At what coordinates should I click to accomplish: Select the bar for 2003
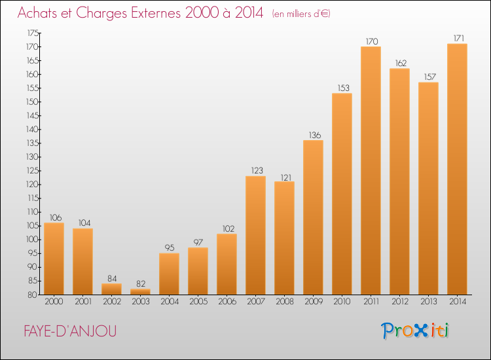pyautogui.click(x=140, y=291)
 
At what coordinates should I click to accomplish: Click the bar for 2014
pyautogui.click(x=457, y=169)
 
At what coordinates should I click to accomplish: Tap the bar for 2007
pyautogui.click(x=255, y=235)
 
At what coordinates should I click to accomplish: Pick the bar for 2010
pyautogui.click(x=342, y=194)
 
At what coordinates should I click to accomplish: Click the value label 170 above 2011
pyautogui.click(x=372, y=41)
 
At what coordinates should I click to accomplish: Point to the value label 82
pyautogui.click(x=141, y=283)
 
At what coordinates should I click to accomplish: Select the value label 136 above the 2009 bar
pyautogui.click(x=315, y=135)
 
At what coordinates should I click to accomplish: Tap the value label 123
pyautogui.click(x=257, y=171)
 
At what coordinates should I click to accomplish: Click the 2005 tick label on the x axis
pyautogui.click(x=198, y=302)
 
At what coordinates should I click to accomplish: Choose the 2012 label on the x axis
pyautogui.click(x=400, y=302)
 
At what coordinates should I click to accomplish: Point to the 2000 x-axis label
pyautogui.click(x=54, y=302)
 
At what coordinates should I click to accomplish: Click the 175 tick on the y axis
pyautogui.click(x=33, y=33)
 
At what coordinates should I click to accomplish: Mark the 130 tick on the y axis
pyautogui.click(x=32, y=157)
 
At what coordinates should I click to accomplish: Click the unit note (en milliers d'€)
pyautogui.click(x=301, y=14)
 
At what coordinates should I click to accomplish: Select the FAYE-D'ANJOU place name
pyautogui.click(x=70, y=331)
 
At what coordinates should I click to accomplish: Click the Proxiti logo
pyautogui.click(x=415, y=331)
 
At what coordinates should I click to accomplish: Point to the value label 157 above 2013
pyautogui.click(x=430, y=77)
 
